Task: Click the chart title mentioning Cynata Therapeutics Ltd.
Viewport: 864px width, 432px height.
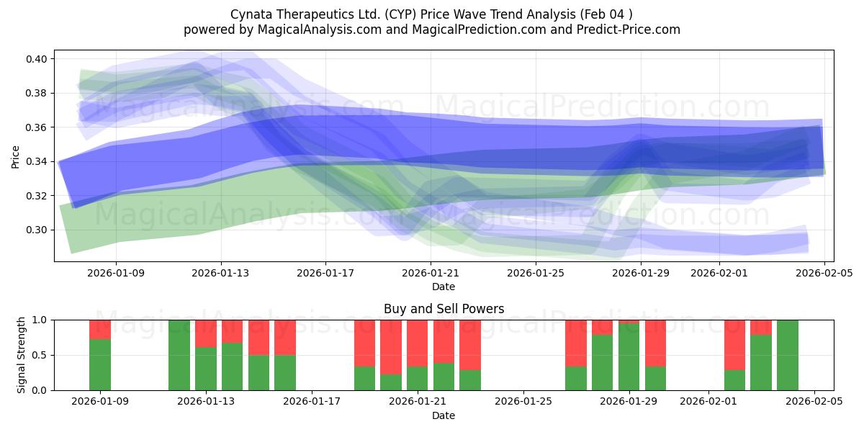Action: click(432, 14)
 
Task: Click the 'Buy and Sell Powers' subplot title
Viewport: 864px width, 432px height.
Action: click(444, 309)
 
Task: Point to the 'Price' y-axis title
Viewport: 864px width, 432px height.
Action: click(16, 156)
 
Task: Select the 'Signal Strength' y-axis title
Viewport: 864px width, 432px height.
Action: click(22, 355)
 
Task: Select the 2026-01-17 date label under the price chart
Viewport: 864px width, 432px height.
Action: click(325, 273)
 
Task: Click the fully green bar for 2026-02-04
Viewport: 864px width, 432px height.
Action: click(788, 355)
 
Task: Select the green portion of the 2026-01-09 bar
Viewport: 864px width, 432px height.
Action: click(100, 364)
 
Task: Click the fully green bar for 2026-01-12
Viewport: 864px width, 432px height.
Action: click(179, 355)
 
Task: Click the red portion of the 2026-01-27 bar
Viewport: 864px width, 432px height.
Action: click(576, 343)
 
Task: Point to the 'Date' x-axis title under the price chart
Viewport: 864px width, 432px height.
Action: click(444, 287)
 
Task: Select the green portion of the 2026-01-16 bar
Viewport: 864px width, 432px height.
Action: click(285, 372)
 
